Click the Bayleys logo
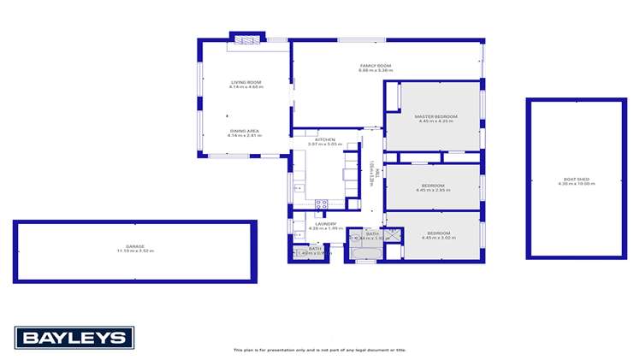(74, 337)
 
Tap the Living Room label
(246, 82)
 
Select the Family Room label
(376, 65)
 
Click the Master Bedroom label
(436, 116)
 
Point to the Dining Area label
(245, 131)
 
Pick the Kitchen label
(324, 139)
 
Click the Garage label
(134, 246)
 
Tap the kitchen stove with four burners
(323, 204)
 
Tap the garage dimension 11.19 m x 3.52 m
(134, 251)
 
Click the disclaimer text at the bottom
(320, 350)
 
